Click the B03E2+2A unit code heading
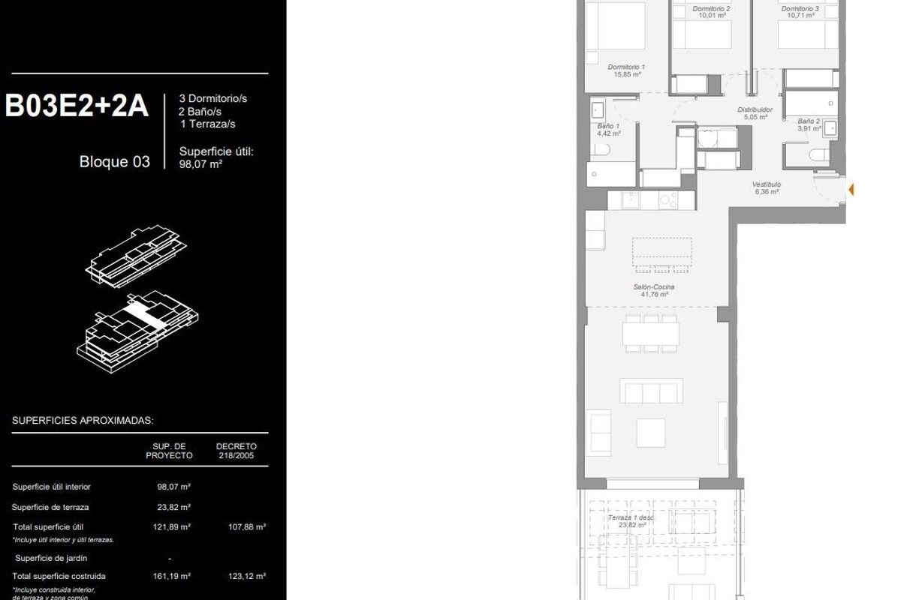coord(77,106)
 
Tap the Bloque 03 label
coord(114,161)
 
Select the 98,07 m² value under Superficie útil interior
coord(173,487)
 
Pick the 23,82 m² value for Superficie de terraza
coord(173,507)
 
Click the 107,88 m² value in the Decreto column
coord(247,527)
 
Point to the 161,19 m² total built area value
coord(173,576)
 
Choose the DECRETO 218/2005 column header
coord(237,451)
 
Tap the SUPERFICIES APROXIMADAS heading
coord(83,421)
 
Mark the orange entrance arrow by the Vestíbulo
coord(851,190)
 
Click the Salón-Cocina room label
coord(654,290)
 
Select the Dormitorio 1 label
coord(626,70)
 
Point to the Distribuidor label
coord(755,112)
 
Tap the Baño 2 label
coord(809,124)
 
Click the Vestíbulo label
coord(767,187)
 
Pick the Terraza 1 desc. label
coord(631,521)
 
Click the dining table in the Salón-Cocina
coord(651,333)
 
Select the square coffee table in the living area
coord(650,433)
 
